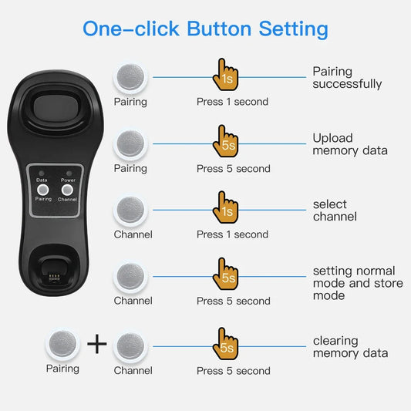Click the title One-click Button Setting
click(205, 29)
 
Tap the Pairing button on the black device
click(44, 188)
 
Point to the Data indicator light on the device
click(43, 173)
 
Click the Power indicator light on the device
click(68, 173)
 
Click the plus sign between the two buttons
click(96, 344)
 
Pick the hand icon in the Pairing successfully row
click(226, 74)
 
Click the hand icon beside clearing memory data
click(226, 343)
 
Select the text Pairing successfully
click(346, 78)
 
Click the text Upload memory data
click(349, 144)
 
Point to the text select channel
click(335, 211)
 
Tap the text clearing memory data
click(350, 347)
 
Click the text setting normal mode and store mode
click(353, 283)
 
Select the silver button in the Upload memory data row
click(130, 144)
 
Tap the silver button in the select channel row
click(130, 211)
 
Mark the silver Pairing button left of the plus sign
click(63, 344)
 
